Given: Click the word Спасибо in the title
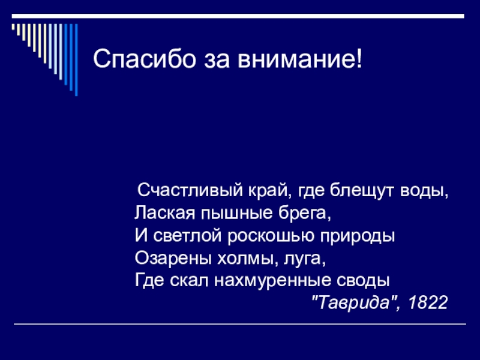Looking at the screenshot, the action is click(x=144, y=58).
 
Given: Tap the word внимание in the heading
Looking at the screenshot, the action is click(x=296, y=59).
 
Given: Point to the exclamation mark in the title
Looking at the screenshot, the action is click(x=359, y=58).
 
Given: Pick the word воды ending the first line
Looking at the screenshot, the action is click(x=424, y=191).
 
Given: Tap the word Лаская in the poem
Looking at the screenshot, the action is click(x=164, y=213).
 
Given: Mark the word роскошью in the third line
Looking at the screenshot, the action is click(x=271, y=236).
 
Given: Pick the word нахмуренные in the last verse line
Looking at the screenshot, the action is click(x=272, y=281).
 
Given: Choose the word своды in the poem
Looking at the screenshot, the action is click(x=363, y=281).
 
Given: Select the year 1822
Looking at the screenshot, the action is click(x=428, y=302).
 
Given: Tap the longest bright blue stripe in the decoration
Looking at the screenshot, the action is click(x=76, y=60).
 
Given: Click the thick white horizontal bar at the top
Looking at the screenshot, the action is click(x=238, y=16).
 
